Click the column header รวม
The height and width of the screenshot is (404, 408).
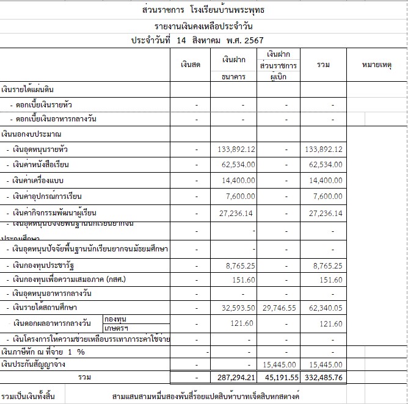point(323,65)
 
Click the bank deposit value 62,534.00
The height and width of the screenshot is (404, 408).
point(237,165)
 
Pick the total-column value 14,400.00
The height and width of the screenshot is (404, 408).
point(324,181)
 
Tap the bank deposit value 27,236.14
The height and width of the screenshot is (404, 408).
point(237,213)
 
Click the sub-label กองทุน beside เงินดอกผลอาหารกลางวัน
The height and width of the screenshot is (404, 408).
point(117,319)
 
